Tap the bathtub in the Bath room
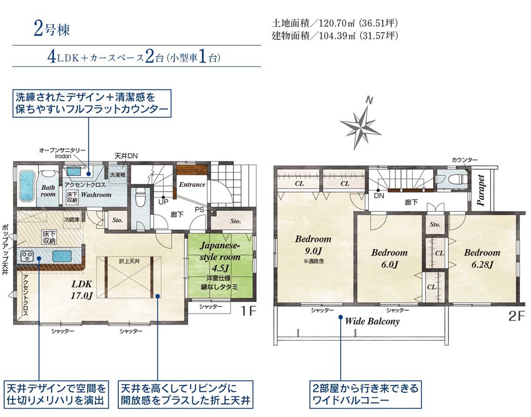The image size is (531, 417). click(x=27, y=185)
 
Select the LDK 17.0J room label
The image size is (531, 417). click(x=81, y=290)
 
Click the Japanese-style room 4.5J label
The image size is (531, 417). click(x=220, y=257)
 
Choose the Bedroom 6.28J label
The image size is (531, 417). click(x=482, y=258)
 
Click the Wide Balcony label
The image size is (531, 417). click(x=372, y=321)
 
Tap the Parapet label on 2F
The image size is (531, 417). click(x=481, y=190)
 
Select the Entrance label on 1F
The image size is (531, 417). click(x=192, y=185)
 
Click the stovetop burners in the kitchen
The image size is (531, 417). click(x=27, y=255)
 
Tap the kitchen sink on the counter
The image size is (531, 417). click(x=62, y=256)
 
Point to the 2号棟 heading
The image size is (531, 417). click(x=52, y=29)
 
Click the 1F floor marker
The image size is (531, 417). click(x=248, y=310)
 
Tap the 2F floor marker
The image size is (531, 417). click(x=517, y=316)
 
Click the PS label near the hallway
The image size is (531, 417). click(x=199, y=210)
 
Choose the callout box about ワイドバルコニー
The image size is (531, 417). click(x=366, y=394)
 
